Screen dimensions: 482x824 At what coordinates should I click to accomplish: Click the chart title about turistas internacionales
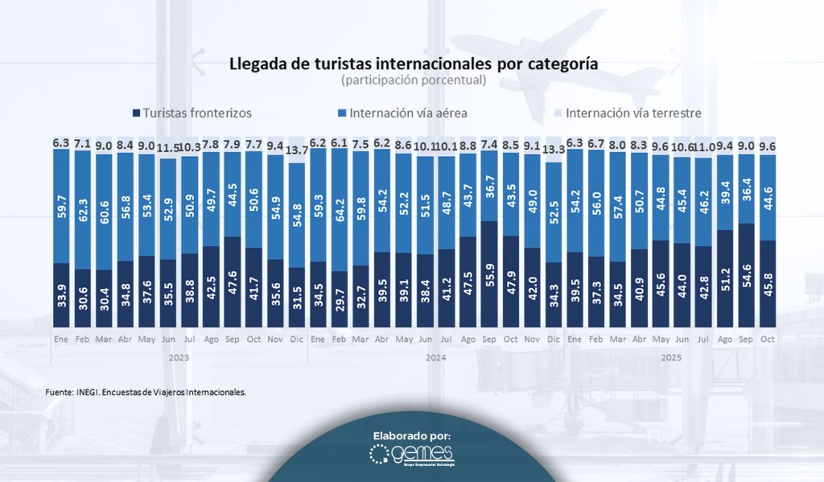point(414,63)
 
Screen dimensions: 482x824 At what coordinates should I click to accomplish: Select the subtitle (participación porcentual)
point(413,80)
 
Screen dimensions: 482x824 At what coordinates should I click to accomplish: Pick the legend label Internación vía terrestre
point(633,113)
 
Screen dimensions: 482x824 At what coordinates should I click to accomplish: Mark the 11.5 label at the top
point(168,148)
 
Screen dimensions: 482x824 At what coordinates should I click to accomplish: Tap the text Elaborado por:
point(412,435)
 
